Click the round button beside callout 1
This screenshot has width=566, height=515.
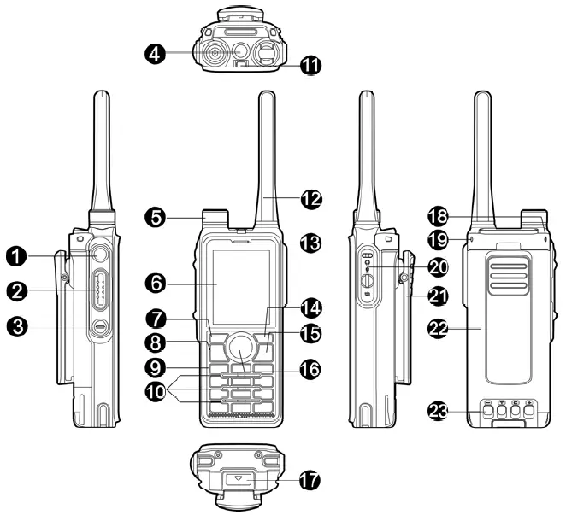point(100,255)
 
